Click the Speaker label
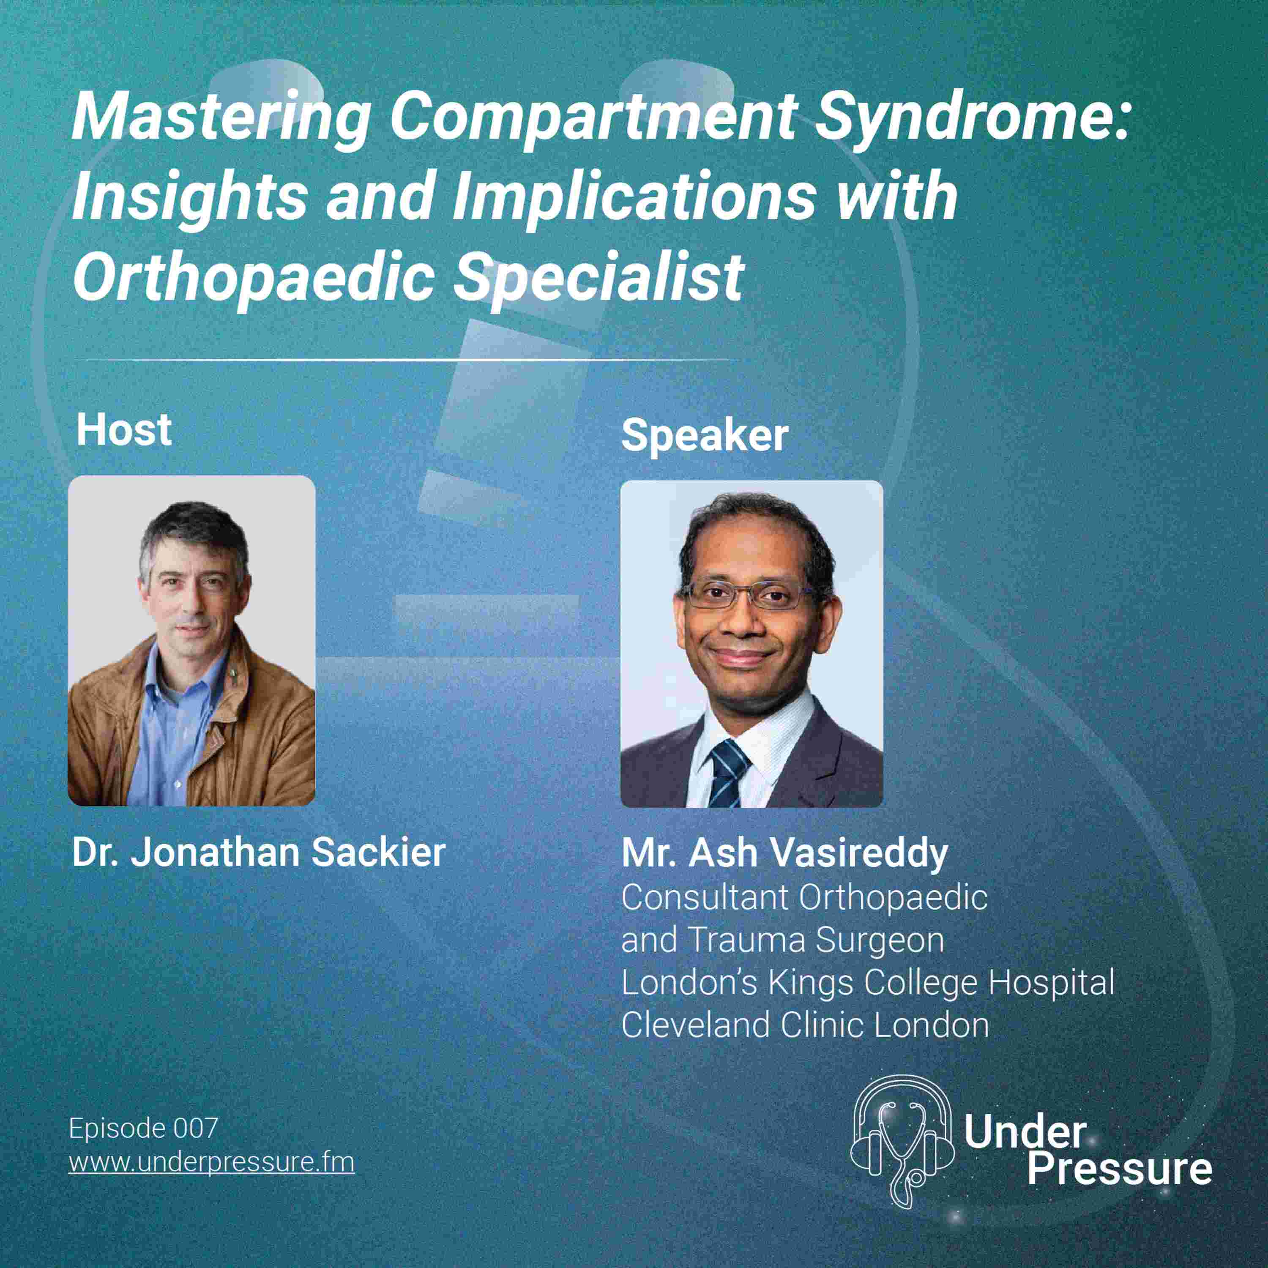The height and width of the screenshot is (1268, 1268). click(704, 436)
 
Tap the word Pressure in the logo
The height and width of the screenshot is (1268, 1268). click(1119, 1169)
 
